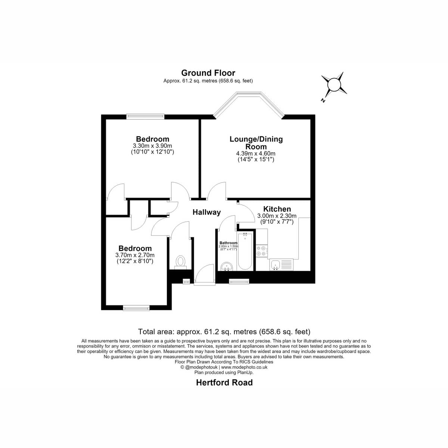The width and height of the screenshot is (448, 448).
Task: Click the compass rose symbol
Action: point(334,85)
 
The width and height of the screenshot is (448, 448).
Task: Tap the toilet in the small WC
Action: point(180,262)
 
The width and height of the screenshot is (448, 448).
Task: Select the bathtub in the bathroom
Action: point(245,251)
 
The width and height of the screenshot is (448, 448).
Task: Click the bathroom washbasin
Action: point(227,267)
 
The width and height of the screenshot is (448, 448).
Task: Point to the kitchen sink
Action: point(281,265)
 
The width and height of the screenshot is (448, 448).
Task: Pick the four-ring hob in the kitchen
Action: point(262,251)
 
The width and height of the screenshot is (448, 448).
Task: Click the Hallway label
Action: point(206,212)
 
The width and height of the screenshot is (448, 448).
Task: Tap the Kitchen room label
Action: point(277,209)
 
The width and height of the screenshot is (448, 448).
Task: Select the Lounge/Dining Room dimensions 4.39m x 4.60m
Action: point(256,153)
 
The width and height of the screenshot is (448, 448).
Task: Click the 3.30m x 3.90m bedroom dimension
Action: point(152,146)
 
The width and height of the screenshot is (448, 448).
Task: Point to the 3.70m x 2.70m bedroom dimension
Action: point(135,255)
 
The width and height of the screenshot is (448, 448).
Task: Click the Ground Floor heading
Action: point(208,73)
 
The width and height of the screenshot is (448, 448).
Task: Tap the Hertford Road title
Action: point(224,382)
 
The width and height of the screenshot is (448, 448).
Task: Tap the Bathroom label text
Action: point(228,243)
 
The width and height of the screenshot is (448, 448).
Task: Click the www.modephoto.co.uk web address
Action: point(244,367)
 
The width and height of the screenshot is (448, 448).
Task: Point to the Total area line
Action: point(224,331)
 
